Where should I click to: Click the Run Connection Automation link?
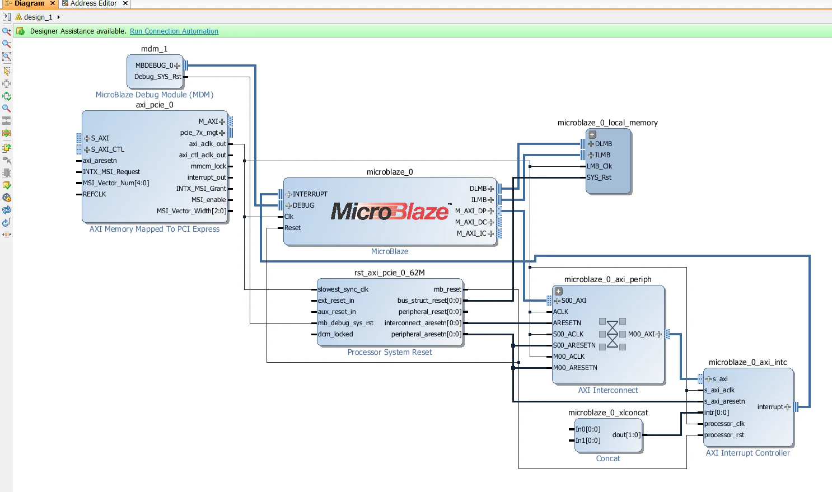[x=174, y=31]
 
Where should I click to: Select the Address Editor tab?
[x=94, y=3]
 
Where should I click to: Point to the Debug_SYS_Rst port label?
[x=157, y=77]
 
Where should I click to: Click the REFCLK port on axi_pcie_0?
[x=94, y=194]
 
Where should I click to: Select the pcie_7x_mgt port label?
[x=199, y=133]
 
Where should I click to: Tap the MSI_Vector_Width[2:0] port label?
[x=191, y=211]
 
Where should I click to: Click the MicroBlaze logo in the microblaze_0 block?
[x=390, y=212]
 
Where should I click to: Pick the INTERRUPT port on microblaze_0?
[x=310, y=194]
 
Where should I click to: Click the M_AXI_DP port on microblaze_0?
[x=471, y=211]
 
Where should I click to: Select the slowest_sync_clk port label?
[x=343, y=289]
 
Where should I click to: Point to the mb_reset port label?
[x=447, y=289]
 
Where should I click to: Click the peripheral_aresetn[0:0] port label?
[x=426, y=334]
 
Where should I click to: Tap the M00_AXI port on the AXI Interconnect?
[x=641, y=334]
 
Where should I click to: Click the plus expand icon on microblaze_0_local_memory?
[x=592, y=134]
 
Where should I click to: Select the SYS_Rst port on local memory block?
[x=599, y=177]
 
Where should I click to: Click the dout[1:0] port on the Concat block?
[x=626, y=435]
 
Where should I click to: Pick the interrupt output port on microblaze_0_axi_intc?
[x=770, y=407]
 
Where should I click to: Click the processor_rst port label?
[x=724, y=435]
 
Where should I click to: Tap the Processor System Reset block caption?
[x=390, y=352]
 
